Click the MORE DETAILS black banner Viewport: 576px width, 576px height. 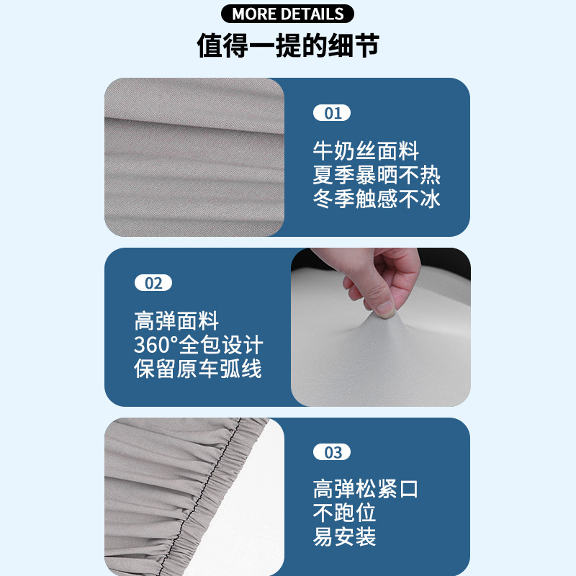coord(288,14)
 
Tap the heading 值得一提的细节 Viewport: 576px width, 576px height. coord(288,45)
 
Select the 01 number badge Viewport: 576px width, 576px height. coord(332,113)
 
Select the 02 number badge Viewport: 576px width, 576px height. coord(153,283)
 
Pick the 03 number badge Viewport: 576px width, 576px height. coord(332,452)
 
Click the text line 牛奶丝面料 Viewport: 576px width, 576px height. coord(366,151)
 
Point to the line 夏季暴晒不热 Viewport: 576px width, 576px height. coord(377,175)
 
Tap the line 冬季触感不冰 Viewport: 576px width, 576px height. coord(377,199)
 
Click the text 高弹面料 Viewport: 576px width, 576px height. coord(176,321)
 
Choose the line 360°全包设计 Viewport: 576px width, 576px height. coord(199,345)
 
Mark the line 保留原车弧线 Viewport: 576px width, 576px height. coord(198,369)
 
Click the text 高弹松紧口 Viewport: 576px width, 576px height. coord(366,490)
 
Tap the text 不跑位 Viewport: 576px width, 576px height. coord(345,513)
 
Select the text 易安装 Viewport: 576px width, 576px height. coord(345,537)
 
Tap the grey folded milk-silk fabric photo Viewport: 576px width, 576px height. coord(194,157)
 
